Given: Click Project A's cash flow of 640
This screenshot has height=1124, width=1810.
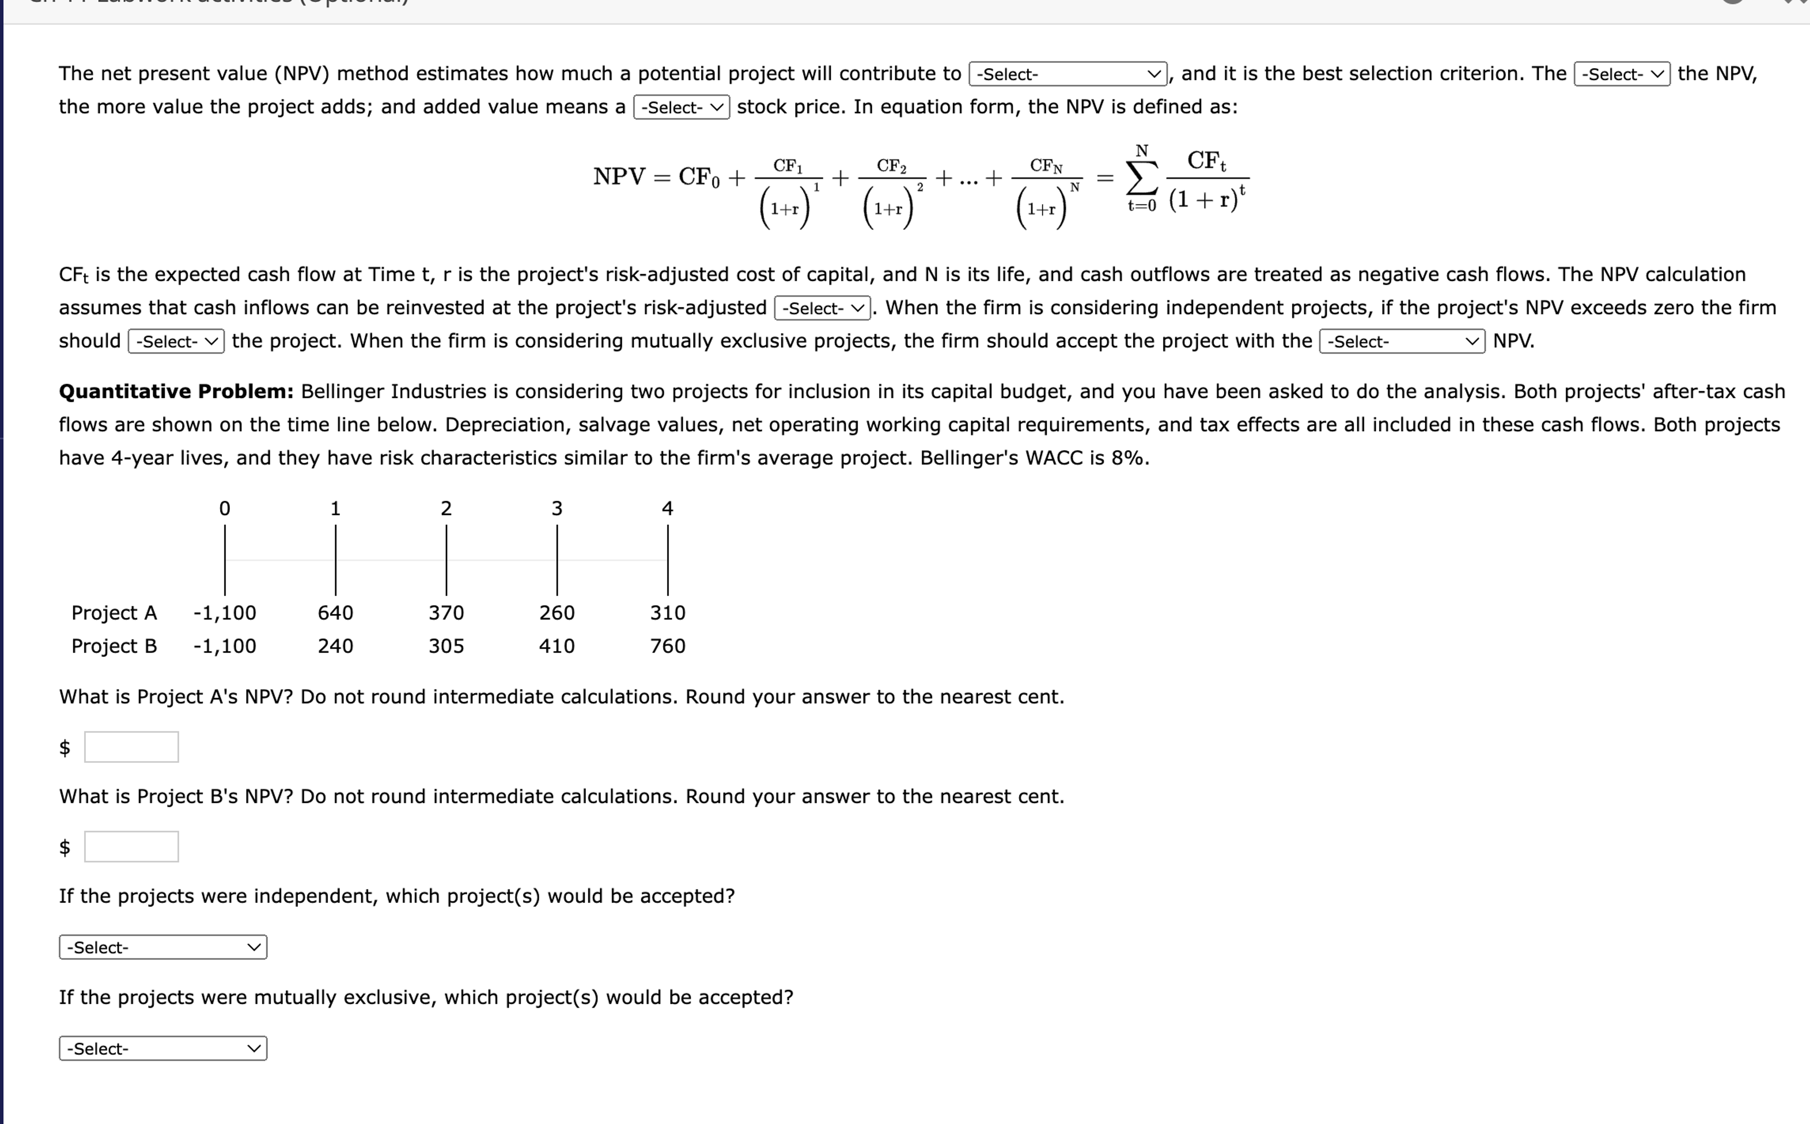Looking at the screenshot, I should coord(335,613).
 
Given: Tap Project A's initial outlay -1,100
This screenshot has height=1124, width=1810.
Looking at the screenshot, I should coord(225,613).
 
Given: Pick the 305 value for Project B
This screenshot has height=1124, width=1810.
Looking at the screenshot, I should coord(446,646).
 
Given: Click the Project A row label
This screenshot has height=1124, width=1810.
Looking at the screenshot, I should coord(114,613).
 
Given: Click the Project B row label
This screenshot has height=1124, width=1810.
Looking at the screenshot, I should coord(114,646).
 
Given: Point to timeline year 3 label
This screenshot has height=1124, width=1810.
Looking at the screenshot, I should coord(557,509).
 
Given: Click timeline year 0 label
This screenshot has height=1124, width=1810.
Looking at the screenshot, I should coord(225,509).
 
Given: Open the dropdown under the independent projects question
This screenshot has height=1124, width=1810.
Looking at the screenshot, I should coord(163,947).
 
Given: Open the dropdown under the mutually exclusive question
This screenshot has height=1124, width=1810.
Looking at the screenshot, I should coord(163,1048).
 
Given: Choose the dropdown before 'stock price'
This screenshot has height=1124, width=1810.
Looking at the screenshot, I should coord(681,107).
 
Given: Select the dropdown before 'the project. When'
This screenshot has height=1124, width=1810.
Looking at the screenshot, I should coord(176,341).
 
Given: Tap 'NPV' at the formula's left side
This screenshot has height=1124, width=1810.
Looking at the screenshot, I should coord(619,177).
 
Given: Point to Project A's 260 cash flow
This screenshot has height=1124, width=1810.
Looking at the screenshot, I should coord(557,613).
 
